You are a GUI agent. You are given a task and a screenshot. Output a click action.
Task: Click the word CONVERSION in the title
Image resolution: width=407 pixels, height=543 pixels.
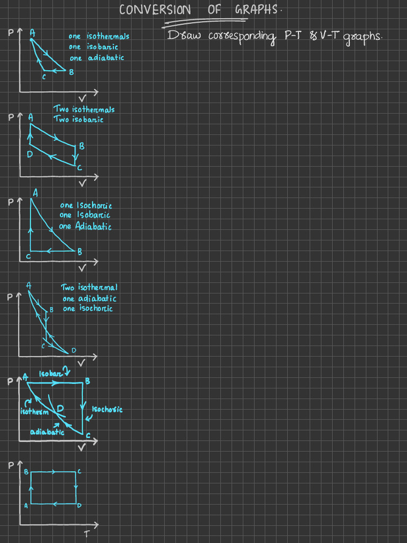[x=155, y=10]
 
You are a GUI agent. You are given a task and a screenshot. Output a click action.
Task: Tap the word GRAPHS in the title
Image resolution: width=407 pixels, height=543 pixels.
[x=256, y=10]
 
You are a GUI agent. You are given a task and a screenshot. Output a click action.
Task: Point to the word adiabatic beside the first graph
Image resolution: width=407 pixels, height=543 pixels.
[x=106, y=58]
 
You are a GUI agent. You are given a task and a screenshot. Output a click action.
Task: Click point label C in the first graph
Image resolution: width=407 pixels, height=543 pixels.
[x=44, y=77]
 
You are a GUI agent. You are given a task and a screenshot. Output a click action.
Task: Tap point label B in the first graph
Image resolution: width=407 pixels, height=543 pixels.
[x=72, y=73]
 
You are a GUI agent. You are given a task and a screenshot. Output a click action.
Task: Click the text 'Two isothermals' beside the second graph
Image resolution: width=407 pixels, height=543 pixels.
[x=84, y=109]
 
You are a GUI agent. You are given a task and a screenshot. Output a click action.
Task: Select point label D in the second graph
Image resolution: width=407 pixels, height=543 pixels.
[x=30, y=154]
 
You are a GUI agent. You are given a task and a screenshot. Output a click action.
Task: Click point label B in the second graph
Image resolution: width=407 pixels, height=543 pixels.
[x=82, y=146]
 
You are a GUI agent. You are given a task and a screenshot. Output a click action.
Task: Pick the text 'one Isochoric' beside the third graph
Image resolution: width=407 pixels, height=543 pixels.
[x=86, y=205]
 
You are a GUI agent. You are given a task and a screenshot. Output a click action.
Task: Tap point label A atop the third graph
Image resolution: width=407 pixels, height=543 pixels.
[x=35, y=194]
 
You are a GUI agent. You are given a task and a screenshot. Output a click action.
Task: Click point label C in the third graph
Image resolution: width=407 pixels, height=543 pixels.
[x=28, y=257]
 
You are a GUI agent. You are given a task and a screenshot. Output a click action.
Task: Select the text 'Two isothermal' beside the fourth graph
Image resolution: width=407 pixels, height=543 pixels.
[x=89, y=287]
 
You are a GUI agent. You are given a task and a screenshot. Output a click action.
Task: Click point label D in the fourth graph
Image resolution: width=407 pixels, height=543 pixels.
[x=74, y=351]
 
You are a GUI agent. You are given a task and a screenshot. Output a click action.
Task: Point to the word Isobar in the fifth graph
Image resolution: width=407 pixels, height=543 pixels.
[x=51, y=373]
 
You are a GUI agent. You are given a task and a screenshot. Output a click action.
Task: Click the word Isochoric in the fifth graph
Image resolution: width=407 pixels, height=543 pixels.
[x=107, y=409]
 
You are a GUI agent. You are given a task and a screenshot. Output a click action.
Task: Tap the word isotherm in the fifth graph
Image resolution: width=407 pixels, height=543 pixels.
[x=34, y=412]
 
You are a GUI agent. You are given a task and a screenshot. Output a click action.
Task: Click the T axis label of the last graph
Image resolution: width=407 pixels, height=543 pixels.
[x=86, y=533]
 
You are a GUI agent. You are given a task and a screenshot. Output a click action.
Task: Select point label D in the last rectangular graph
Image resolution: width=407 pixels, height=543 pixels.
[x=79, y=506]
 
